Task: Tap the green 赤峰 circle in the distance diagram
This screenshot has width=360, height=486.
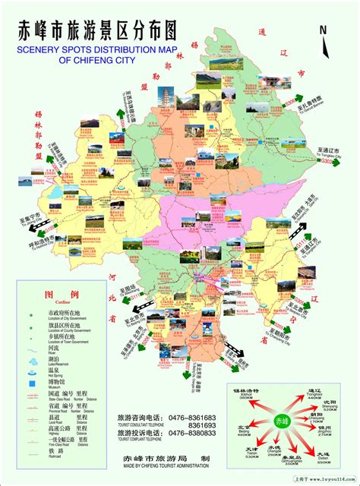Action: tap(283, 420)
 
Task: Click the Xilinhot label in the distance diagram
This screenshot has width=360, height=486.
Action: tap(247, 390)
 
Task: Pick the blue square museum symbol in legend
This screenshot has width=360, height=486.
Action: tap(31, 371)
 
